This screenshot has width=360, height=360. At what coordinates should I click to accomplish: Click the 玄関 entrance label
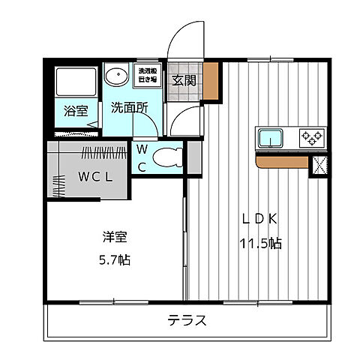click(x=183, y=80)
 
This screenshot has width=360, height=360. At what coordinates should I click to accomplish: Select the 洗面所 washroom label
click(x=129, y=107)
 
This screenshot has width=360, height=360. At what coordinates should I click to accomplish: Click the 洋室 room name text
click(x=115, y=238)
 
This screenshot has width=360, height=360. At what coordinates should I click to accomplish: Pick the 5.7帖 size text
click(x=115, y=260)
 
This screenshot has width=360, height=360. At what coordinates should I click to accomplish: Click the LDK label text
click(x=259, y=220)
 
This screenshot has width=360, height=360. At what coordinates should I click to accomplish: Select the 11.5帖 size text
click(x=259, y=244)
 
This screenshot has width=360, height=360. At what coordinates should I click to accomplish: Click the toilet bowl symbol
click(x=166, y=158)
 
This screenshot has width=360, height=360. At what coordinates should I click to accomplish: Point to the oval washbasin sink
click(x=115, y=77)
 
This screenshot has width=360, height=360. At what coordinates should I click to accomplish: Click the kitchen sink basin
click(x=271, y=138)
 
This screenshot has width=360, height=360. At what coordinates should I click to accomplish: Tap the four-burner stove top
click(x=311, y=138)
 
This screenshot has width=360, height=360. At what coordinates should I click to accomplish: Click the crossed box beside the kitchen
click(x=319, y=164)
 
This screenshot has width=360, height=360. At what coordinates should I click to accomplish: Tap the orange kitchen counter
click(x=282, y=160)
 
